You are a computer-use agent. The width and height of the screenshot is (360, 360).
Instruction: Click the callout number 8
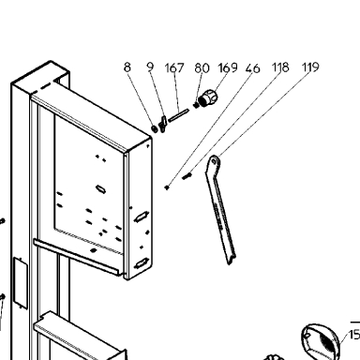pos(127,67)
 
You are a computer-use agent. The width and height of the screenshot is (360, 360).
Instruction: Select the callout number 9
pos(151,67)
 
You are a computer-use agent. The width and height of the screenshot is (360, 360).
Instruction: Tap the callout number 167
pos(174,67)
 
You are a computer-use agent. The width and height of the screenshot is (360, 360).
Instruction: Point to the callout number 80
pos(202,67)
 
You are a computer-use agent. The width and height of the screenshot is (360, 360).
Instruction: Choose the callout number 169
pos(228,67)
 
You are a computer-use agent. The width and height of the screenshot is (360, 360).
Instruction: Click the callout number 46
pos(252,68)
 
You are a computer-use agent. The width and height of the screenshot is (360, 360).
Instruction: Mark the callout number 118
pos(280,67)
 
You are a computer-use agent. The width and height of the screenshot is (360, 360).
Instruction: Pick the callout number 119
pos(310,67)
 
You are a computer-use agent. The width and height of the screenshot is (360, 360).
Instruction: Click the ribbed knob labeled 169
pos(208,97)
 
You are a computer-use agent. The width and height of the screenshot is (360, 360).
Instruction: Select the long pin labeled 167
pos(178,115)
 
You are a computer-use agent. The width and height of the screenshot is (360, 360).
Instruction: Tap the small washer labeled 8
pos(154,128)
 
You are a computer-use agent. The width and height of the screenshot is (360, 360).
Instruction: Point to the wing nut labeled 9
pos(162,124)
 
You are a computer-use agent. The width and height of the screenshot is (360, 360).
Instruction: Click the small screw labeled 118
pos(187,176)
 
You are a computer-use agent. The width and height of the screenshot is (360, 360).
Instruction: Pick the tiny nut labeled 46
pos(167,187)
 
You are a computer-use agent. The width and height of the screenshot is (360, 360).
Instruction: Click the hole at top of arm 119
pos(214,161)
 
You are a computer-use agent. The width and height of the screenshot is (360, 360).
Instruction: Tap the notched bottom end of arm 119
pos(231,258)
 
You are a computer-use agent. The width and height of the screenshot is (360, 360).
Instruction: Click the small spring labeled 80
pos(196,105)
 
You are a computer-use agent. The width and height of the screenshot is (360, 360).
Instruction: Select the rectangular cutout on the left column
pos(21,282)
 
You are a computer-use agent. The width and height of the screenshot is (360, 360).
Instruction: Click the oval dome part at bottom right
pos(320,341)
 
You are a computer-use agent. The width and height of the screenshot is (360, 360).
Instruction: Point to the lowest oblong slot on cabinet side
pos(142,264)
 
